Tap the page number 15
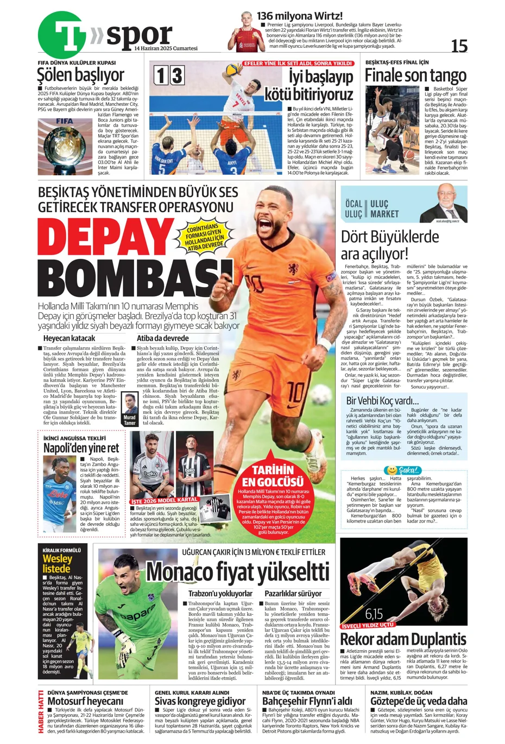click(x=459, y=47)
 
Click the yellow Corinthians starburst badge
click(x=204, y=236)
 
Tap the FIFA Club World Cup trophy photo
click(x=65, y=146)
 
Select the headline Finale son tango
click(x=415, y=75)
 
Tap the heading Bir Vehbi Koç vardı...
click(x=383, y=401)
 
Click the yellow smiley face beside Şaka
click(x=390, y=469)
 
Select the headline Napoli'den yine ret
click(x=81, y=448)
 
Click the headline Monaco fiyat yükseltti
click(x=237, y=571)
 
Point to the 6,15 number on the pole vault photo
click(x=374, y=614)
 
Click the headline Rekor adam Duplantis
click(x=403, y=638)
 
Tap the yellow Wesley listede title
click(x=57, y=563)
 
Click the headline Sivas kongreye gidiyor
click(x=200, y=701)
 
